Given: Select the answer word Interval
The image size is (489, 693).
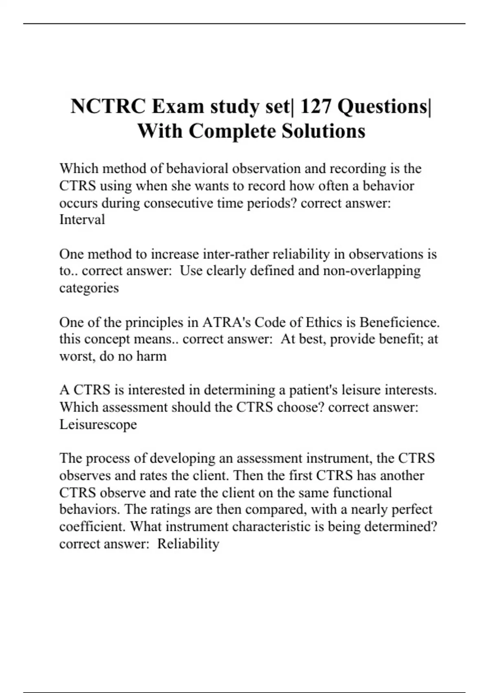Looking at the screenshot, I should click(82, 220).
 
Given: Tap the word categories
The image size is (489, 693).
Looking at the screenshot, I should click(89, 288).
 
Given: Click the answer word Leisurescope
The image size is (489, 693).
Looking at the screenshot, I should click(98, 424).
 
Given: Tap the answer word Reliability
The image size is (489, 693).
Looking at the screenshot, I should click(188, 544).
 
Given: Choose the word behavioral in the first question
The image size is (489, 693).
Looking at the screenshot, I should click(197, 169).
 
